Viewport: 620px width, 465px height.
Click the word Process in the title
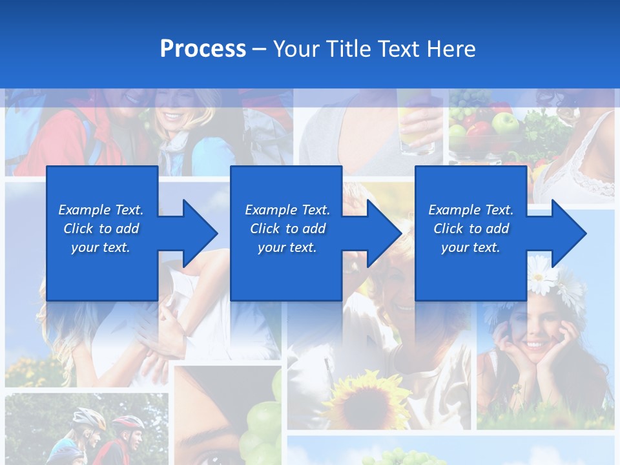203,49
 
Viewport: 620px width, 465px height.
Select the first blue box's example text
101,229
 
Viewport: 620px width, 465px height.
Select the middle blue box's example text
287,229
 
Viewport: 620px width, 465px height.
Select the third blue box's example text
471,229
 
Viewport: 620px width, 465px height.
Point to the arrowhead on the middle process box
384,233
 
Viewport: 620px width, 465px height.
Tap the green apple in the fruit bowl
504,123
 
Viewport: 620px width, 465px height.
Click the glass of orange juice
417,129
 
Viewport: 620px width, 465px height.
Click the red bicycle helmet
129,424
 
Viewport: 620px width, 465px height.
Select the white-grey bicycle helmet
88,418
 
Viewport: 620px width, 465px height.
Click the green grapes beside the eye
262,423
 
